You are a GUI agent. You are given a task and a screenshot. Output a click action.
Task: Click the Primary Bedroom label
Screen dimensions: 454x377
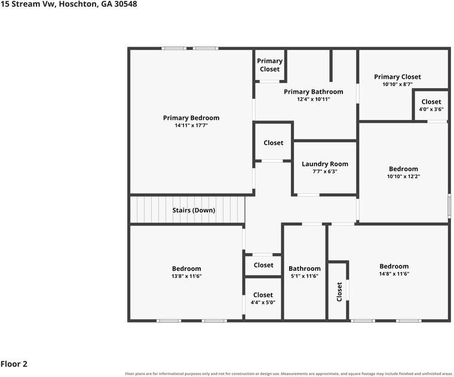(x=191, y=118)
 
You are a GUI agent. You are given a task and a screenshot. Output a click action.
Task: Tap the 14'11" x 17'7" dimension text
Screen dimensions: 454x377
(x=191, y=125)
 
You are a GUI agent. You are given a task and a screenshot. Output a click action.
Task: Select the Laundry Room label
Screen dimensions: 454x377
(x=325, y=164)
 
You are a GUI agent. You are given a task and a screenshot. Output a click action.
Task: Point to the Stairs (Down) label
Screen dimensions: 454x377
(x=194, y=210)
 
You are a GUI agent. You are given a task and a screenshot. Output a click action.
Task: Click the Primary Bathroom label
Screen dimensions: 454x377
(x=313, y=92)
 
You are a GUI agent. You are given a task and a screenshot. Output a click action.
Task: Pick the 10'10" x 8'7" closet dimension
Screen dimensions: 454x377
(x=397, y=85)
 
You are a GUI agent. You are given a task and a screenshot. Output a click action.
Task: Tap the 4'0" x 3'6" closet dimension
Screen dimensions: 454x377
(x=431, y=109)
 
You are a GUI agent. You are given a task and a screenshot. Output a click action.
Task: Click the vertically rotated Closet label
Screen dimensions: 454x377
(x=339, y=292)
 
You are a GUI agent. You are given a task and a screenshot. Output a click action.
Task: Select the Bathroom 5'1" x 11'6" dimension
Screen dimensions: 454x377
(x=305, y=276)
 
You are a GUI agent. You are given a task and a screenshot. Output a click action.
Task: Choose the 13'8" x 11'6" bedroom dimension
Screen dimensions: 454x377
(x=186, y=276)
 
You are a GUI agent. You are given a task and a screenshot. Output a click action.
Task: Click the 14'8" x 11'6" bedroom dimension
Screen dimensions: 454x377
(x=394, y=274)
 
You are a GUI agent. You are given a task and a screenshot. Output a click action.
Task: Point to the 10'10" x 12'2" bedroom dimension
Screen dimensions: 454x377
(x=403, y=177)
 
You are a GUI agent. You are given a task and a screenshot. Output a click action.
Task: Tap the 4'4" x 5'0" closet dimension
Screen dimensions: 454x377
(x=263, y=302)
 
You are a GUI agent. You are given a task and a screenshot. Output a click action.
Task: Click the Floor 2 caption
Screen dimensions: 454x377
(x=14, y=364)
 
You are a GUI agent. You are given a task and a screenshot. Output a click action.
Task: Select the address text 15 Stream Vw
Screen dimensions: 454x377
(x=28, y=4)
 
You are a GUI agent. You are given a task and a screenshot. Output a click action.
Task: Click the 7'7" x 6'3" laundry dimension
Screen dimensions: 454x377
(x=325, y=171)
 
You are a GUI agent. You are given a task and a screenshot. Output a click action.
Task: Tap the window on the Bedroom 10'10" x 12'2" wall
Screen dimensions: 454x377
(x=449, y=206)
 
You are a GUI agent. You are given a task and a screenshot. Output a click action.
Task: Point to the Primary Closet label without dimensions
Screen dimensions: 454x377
(x=269, y=65)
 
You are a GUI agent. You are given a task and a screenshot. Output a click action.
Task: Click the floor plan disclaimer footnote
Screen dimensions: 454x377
(x=289, y=374)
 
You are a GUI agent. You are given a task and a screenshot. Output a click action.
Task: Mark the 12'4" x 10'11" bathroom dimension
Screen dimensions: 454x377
(x=313, y=99)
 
